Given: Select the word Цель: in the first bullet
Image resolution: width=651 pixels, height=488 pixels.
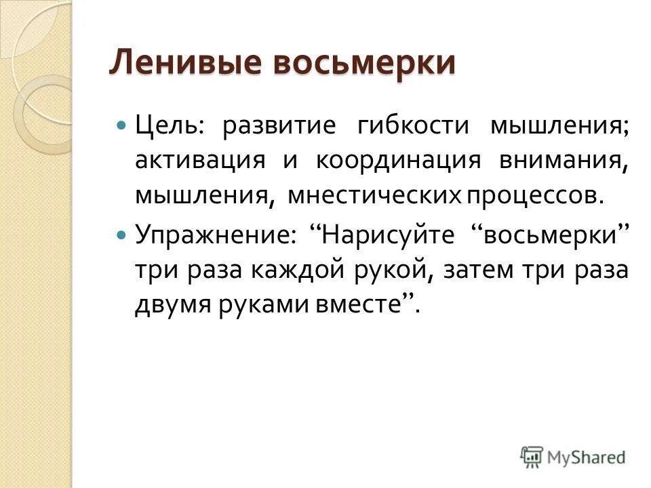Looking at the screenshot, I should pos(165,127).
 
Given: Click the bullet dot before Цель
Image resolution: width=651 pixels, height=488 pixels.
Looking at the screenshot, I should pos(121,127).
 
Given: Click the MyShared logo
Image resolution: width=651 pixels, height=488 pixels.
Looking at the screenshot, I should pos(573,456).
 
